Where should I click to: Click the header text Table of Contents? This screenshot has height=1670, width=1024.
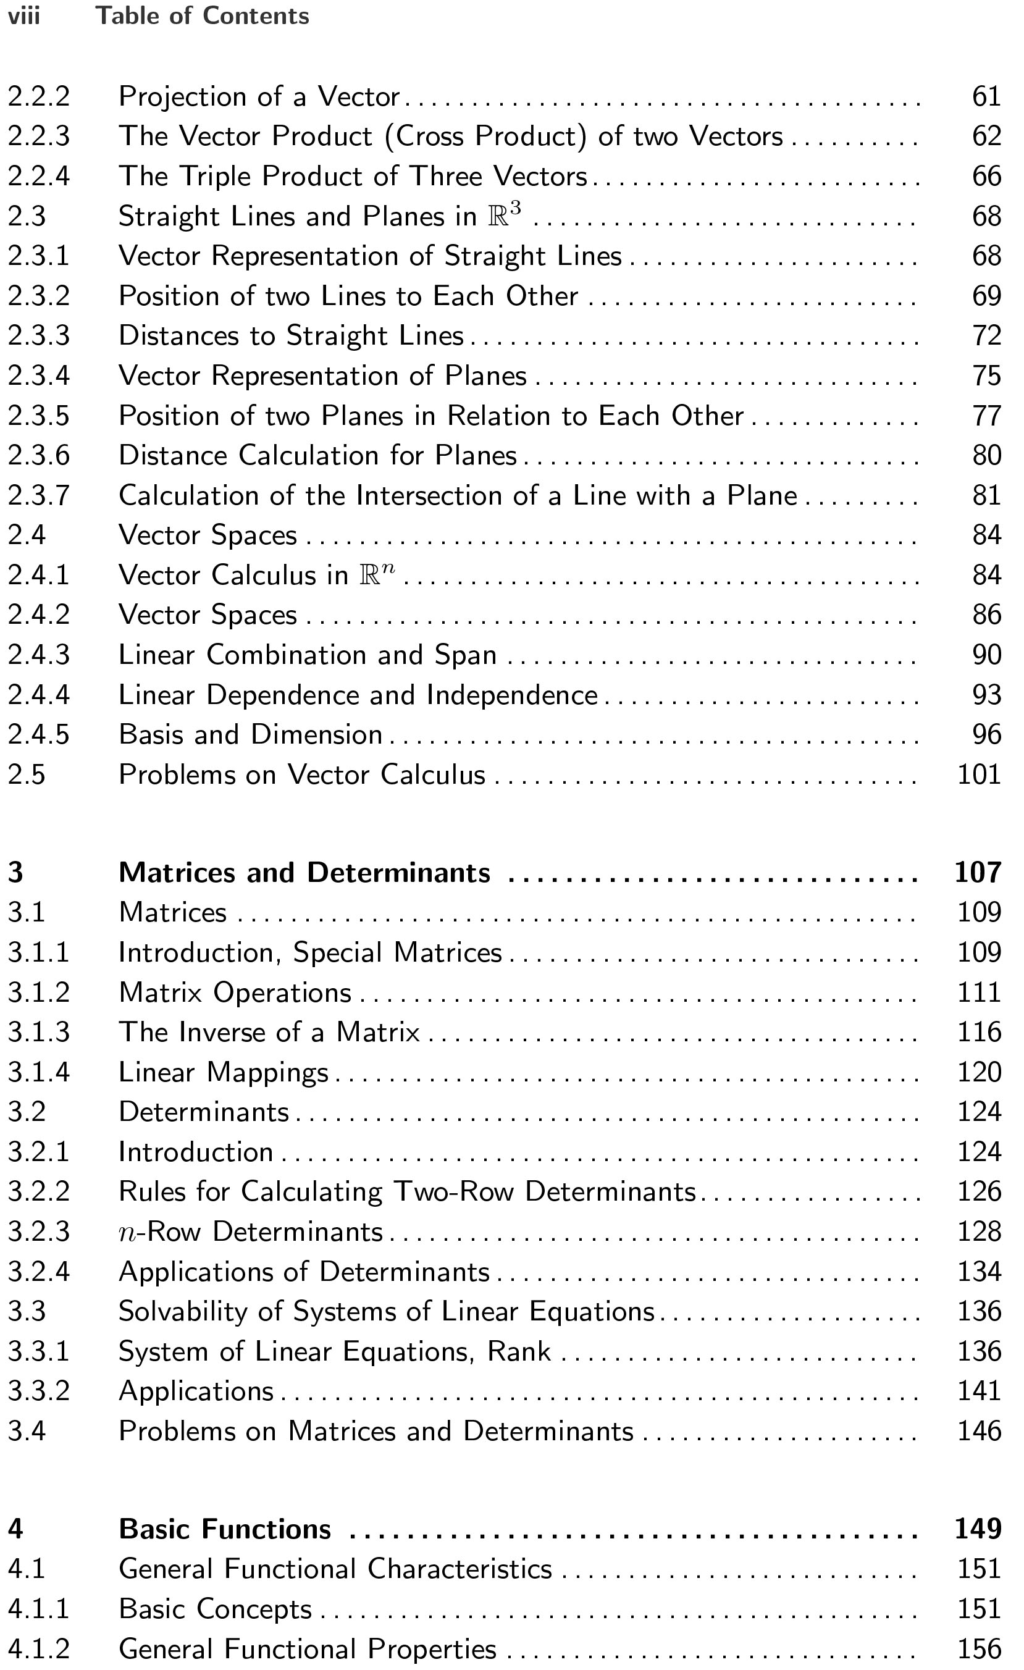(x=202, y=16)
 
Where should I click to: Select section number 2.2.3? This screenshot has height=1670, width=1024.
(x=39, y=136)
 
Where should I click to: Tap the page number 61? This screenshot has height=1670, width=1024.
(x=986, y=97)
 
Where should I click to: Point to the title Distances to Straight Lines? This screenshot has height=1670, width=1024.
(x=291, y=335)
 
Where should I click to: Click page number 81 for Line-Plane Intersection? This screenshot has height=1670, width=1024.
(x=986, y=495)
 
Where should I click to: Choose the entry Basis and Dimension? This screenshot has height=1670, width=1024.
(x=250, y=735)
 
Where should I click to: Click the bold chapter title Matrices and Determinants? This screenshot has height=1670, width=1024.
(x=304, y=873)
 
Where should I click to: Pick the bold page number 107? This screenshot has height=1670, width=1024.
(x=977, y=873)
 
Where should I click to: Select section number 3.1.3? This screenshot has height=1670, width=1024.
(x=39, y=1032)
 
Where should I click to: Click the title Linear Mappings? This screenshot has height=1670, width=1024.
(x=223, y=1072)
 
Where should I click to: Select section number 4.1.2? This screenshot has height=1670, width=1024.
(x=39, y=1649)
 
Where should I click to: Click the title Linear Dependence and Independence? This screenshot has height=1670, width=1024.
(x=358, y=695)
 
